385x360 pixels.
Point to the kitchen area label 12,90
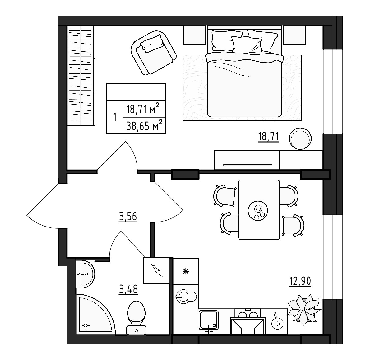coord(299,282)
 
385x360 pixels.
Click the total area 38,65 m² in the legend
coord(144,126)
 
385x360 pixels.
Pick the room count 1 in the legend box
coord(114,118)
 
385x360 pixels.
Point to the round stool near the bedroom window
coord(300,139)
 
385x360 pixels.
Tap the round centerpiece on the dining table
coord(258,211)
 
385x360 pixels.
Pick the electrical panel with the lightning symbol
coord(156,270)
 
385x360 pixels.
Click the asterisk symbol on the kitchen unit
coord(186,271)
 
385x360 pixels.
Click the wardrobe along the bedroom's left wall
coord(81,75)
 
